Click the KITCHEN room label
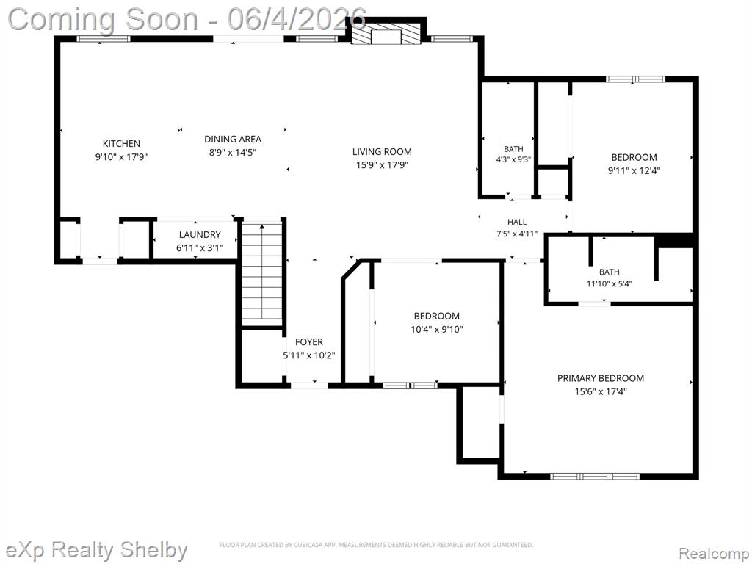point(121,143)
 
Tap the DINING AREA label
point(233,139)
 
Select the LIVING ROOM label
point(382,152)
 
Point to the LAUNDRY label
point(200,234)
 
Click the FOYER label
point(309,342)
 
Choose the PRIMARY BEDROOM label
point(601,378)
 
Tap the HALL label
point(517,222)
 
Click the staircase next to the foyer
point(262,272)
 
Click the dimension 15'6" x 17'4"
point(601,392)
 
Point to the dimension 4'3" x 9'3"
point(513,159)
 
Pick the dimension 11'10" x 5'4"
point(609,284)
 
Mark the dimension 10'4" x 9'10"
point(436,330)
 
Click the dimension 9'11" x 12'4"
point(634,170)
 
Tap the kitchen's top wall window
point(104,39)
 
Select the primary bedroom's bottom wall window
point(595,476)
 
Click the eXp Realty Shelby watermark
point(94,550)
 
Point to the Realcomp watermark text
point(714,553)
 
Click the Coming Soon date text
point(187,20)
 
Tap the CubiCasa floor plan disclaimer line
point(376,545)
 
